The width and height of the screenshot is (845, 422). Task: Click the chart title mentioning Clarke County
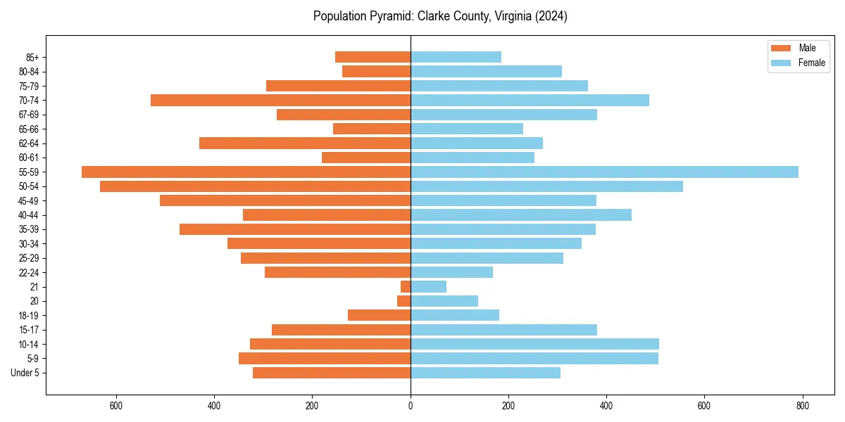pyautogui.click(x=440, y=16)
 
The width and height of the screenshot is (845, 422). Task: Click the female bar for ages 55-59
pyautogui.click(x=604, y=172)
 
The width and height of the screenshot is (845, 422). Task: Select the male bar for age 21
pyautogui.click(x=406, y=286)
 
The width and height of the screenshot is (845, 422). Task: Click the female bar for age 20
pyautogui.click(x=444, y=301)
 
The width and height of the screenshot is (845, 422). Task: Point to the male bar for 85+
pyautogui.click(x=373, y=57)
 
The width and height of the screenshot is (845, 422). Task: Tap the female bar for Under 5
pyautogui.click(x=485, y=373)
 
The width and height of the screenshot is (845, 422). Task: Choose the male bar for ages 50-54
pyautogui.click(x=255, y=186)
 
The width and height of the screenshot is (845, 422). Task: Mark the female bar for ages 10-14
pyautogui.click(x=534, y=344)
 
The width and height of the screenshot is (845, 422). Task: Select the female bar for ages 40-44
pyautogui.click(x=521, y=215)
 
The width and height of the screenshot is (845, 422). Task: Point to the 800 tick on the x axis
pyautogui.click(x=802, y=406)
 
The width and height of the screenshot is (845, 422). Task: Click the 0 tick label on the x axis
pyautogui.click(x=411, y=406)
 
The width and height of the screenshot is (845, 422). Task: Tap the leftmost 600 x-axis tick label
pyautogui.click(x=116, y=406)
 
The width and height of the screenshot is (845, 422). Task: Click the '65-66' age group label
pyautogui.click(x=29, y=129)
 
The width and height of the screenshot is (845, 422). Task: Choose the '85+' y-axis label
pyautogui.click(x=32, y=57)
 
